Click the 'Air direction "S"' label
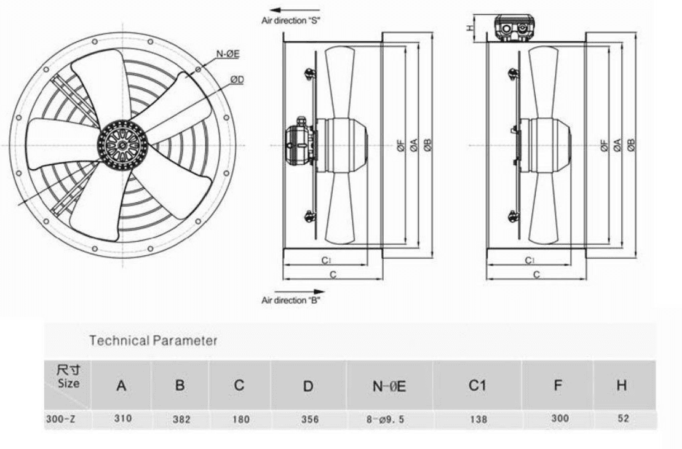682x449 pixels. click(291, 21)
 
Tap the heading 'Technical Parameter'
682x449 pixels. click(153, 340)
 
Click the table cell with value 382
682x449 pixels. click(181, 419)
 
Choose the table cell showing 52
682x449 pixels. click(622, 419)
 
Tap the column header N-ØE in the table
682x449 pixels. click(390, 386)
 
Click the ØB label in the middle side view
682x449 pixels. click(427, 145)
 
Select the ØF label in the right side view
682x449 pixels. click(605, 145)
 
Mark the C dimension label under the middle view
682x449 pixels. click(332, 275)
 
